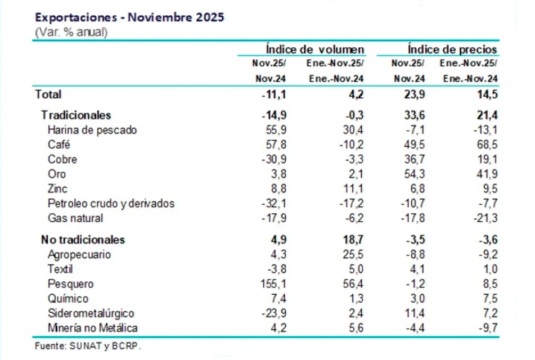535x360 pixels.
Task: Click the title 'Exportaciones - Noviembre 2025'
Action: (129, 17)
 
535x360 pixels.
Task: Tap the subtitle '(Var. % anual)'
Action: (71, 32)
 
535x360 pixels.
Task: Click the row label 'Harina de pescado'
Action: (92, 130)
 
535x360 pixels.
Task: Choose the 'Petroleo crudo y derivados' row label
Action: (111, 203)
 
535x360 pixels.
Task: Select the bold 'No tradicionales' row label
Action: (83, 240)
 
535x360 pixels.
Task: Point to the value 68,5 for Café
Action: (487, 145)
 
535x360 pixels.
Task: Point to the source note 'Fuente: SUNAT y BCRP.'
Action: (88, 346)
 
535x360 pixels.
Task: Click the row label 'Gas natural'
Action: (76, 218)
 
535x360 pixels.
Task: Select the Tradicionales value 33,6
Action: (414, 115)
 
